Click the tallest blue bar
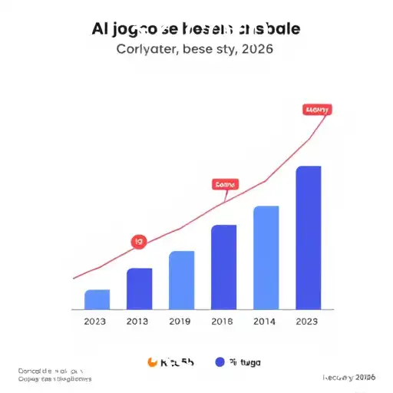[x=309, y=237]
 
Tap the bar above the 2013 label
[x=140, y=288]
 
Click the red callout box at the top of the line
[x=317, y=110]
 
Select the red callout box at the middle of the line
[x=226, y=184]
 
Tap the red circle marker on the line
[x=139, y=242]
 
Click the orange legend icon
[x=151, y=362]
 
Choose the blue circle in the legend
[x=220, y=362]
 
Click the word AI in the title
[x=100, y=30]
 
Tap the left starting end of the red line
[x=74, y=278]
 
